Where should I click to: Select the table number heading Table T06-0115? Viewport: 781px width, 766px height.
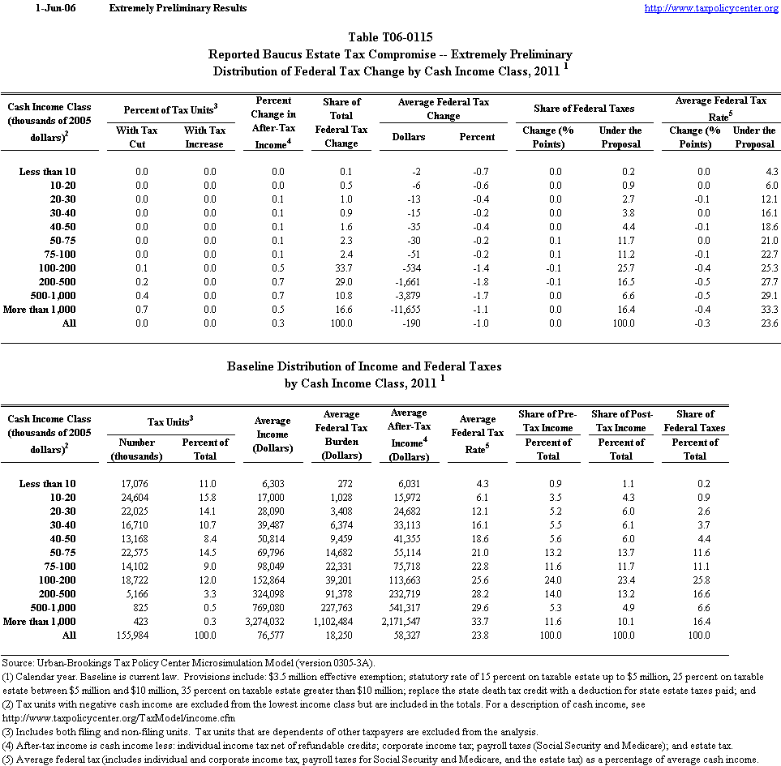390,37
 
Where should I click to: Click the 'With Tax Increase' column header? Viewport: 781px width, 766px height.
204,137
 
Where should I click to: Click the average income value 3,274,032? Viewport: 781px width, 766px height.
272,621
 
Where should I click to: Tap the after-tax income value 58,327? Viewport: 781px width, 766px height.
408,635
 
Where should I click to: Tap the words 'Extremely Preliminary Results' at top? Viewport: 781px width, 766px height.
178,8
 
